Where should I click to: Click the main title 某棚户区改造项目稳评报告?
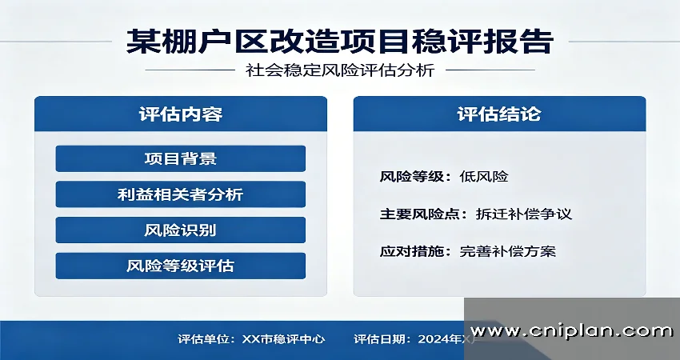click(x=340, y=41)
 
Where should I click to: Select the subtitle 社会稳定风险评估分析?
click(x=340, y=70)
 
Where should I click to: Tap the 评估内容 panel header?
click(x=180, y=114)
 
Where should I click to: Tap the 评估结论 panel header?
click(x=499, y=114)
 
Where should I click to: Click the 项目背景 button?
click(x=180, y=158)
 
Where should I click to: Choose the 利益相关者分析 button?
click(x=180, y=194)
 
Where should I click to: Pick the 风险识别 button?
click(x=180, y=230)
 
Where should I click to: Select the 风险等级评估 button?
click(x=180, y=266)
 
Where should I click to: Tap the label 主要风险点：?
click(x=424, y=214)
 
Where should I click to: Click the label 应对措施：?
click(x=416, y=251)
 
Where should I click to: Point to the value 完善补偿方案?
click(x=507, y=251)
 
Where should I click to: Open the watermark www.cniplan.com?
click(x=571, y=330)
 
